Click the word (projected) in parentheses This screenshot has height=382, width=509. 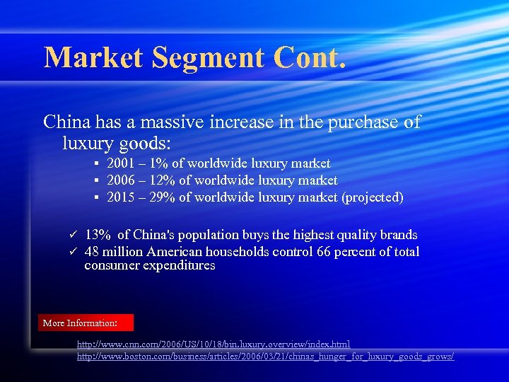(373, 197)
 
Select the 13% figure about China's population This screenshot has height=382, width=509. (97, 235)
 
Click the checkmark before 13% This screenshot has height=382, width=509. (71, 235)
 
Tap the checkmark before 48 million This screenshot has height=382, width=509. (71, 252)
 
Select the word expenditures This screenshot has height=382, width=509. (180, 266)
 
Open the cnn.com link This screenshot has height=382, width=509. (213, 345)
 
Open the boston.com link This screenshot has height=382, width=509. (265, 357)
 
